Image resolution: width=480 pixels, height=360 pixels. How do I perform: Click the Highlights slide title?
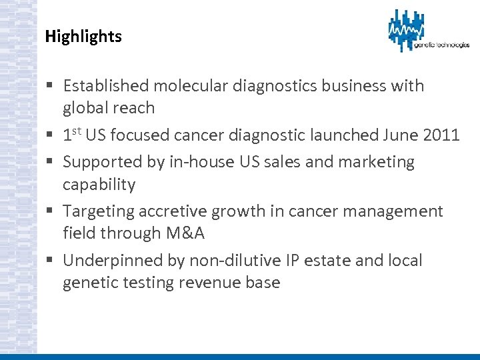click(83, 37)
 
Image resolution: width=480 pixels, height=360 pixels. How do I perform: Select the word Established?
click(106, 85)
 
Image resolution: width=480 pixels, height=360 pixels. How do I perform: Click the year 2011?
click(441, 135)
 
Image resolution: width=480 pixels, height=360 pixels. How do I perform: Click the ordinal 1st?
click(72, 135)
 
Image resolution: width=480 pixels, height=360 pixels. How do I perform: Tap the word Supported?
click(103, 162)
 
